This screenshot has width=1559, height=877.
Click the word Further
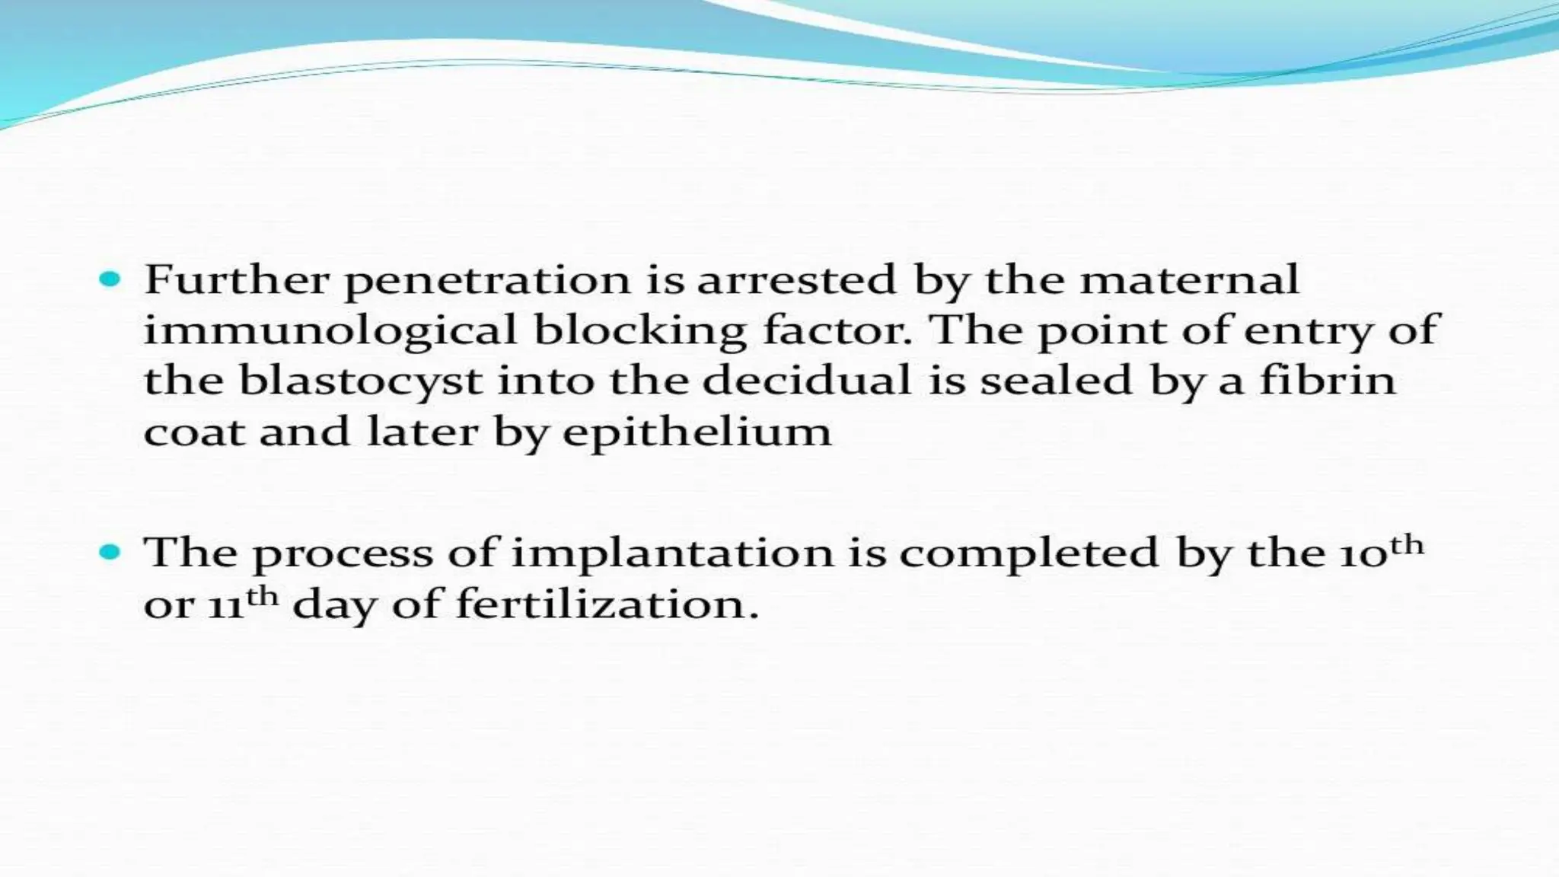pyautogui.click(x=237, y=279)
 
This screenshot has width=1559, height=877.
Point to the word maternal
pyautogui.click(x=1189, y=279)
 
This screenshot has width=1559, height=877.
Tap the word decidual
pyautogui.click(x=807, y=380)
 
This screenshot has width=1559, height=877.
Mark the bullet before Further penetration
pyautogui.click(x=110, y=280)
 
